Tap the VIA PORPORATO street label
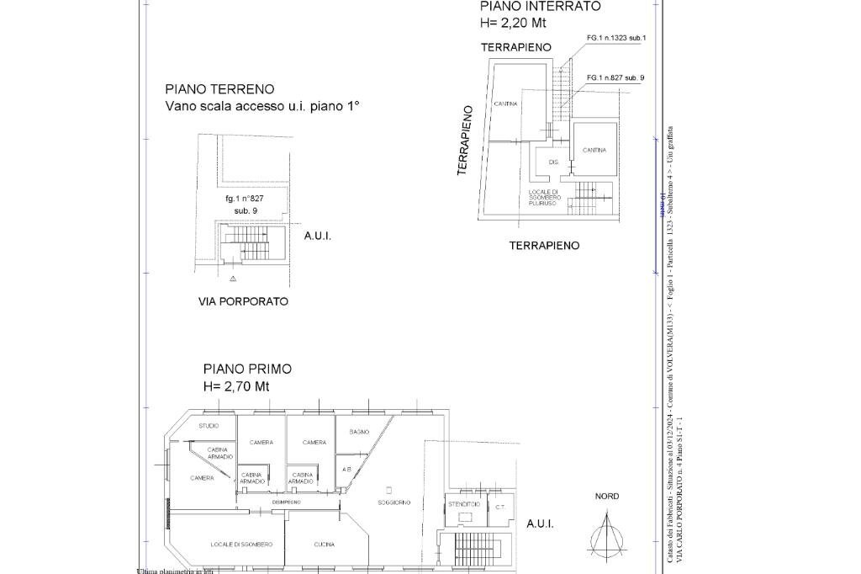(243, 301)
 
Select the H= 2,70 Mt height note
(236, 386)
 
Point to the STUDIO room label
(209, 426)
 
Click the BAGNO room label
(359, 432)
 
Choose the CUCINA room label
(325, 545)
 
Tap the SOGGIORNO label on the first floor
(394, 502)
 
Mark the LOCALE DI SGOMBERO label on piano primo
(241, 545)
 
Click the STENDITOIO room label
(464, 504)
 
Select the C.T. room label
(499, 507)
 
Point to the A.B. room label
(346, 469)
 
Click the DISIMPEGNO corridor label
(286, 502)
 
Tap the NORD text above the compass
(607, 497)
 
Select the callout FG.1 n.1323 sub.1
(616, 38)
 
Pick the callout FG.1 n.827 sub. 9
(615, 77)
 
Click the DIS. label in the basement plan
(553, 162)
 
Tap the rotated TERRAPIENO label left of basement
(463, 140)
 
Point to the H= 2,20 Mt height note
(513, 23)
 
